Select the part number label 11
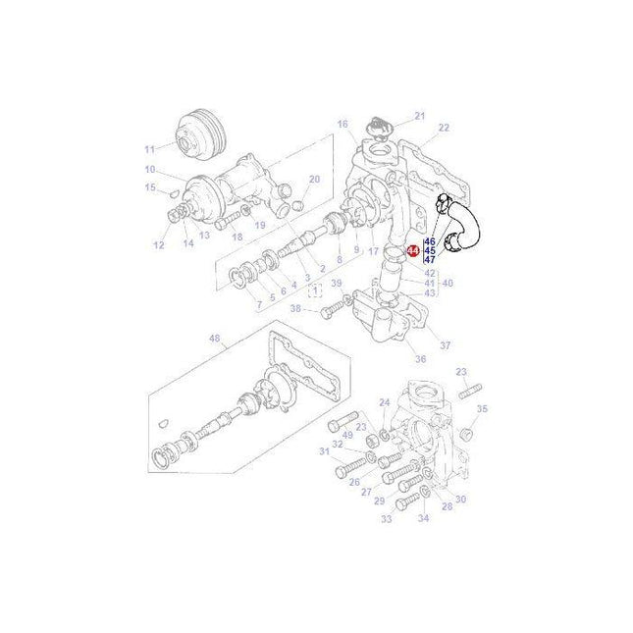click(x=150, y=149)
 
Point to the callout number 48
click(x=215, y=341)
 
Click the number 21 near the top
click(x=420, y=117)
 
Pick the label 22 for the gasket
click(x=444, y=129)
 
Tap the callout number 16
click(x=343, y=124)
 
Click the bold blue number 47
click(x=429, y=260)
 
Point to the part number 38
click(x=295, y=308)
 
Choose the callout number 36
click(x=420, y=359)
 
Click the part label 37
click(x=445, y=345)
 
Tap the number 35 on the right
click(x=482, y=408)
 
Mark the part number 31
click(x=324, y=451)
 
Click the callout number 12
click(x=158, y=246)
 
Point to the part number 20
click(x=314, y=180)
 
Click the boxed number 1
click(x=314, y=291)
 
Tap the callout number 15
click(x=150, y=187)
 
